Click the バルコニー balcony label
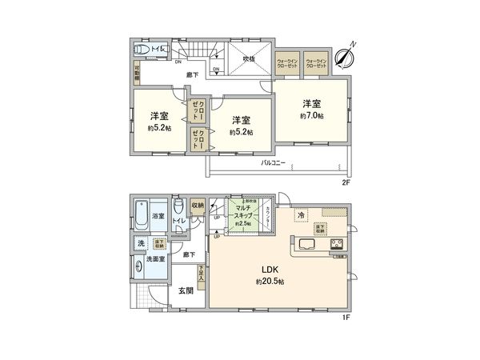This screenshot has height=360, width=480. click(x=274, y=163)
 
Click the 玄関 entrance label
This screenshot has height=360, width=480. click(x=186, y=290)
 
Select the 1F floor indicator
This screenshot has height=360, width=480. click(x=346, y=319)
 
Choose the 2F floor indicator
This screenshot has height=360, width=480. click(x=346, y=182)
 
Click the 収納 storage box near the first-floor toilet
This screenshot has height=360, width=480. click(x=198, y=204)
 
